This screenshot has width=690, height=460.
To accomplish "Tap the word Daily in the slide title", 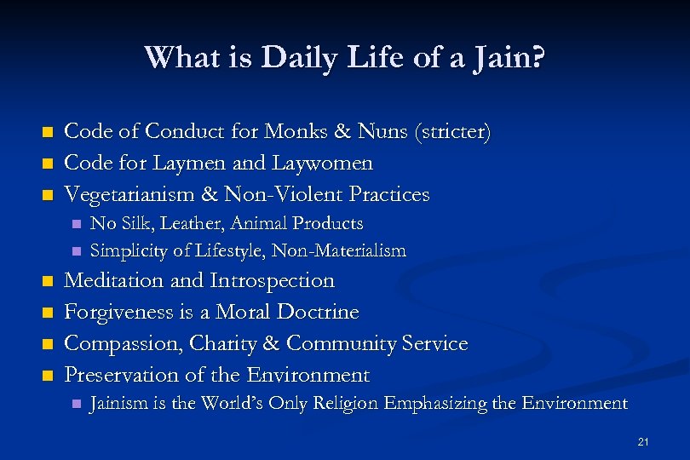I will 290,58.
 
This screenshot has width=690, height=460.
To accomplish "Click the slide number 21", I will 643,440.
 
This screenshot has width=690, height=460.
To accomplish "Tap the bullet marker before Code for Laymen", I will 48,164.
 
